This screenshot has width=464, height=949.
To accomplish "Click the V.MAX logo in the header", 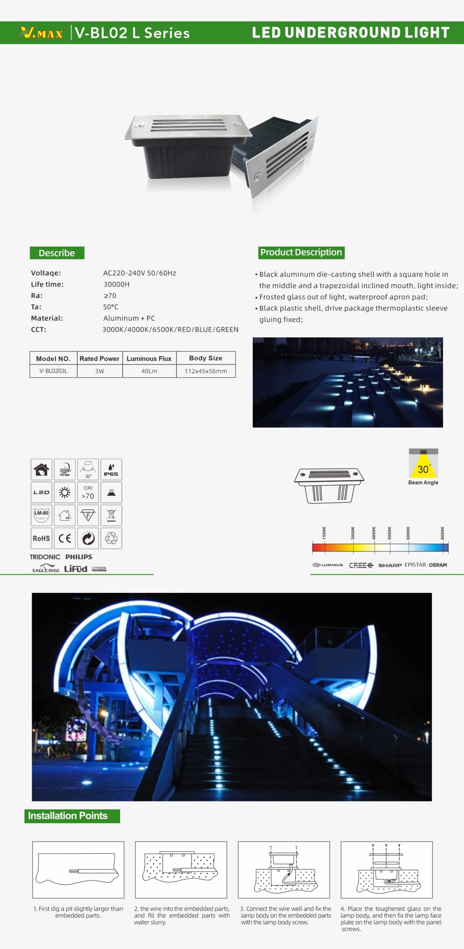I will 41,33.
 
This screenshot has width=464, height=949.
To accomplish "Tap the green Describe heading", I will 57,253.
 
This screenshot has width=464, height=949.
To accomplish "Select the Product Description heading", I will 301,252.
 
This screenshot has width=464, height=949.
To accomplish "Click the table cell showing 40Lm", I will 149,371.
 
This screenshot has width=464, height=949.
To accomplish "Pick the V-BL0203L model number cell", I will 53,371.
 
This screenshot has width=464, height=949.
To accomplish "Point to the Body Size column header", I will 206,358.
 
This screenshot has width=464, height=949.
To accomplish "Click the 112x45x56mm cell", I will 206,371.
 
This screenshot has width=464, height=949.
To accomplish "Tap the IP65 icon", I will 111,469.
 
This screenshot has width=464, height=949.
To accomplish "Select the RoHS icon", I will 41,538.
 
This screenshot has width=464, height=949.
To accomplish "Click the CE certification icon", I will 65,538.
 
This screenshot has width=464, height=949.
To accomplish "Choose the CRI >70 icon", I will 88,492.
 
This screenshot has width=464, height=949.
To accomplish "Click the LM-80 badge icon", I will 41,515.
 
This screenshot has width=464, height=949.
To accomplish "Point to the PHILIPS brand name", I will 79,557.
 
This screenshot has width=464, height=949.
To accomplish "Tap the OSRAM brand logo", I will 438,565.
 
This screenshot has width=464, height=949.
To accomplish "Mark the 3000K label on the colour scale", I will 353,533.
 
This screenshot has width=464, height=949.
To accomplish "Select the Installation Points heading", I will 72,816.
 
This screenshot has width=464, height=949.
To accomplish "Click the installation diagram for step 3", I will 284,870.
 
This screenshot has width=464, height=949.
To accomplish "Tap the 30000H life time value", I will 117,284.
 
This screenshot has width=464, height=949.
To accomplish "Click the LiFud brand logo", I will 76,569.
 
